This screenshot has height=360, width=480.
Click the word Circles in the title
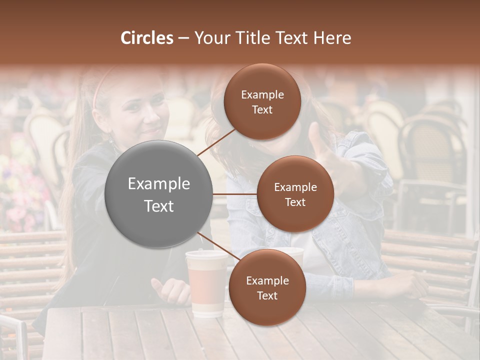click(x=147, y=38)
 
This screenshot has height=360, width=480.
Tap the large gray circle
click(x=159, y=194)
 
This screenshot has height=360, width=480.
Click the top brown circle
click(x=262, y=102)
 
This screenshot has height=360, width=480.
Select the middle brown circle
click(x=295, y=194)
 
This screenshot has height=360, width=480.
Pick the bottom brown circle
click(x=267, y=287)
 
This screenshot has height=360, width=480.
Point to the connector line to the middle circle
click(x=235, y=194)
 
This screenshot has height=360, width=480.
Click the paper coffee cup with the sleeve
click(x=205, y=282)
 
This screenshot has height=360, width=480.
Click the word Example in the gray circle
click(x=159, y=184)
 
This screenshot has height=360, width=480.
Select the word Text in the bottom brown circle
click(x=267, y=295)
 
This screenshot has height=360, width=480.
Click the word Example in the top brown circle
click(x=262, y=94)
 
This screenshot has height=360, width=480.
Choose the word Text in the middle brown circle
click(x=295, y=202)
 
